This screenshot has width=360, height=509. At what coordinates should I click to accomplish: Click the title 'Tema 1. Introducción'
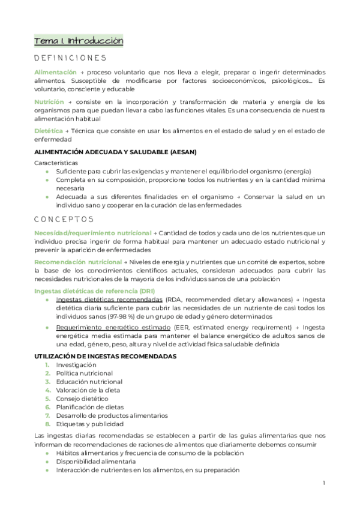tap(79, 41)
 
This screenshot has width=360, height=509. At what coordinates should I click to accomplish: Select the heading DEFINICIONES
tap(70, 58)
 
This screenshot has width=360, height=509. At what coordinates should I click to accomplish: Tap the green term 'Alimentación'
tap(55, 72)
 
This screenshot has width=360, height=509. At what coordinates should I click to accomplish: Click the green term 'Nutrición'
tap(49, 101)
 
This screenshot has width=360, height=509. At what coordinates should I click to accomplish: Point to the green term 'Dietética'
tap(49, 130)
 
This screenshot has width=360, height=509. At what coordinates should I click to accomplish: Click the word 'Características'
tap(56, 163)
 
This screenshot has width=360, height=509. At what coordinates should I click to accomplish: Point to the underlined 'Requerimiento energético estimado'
tap(112, 328)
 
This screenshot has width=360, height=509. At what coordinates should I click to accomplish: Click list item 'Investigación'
tap(76, 365)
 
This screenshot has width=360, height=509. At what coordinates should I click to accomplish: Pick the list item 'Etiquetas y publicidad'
tap(89, 424)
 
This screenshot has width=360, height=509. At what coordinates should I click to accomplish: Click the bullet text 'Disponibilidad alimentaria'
tap(95, 462)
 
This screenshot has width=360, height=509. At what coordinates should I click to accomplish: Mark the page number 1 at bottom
tap(323, 483)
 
